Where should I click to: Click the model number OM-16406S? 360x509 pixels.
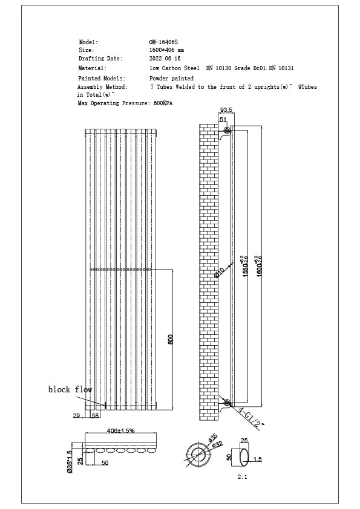tap(163, 42)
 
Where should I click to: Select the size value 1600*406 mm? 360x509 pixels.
tap(166, 50)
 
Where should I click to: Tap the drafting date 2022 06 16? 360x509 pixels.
tap(165, 59)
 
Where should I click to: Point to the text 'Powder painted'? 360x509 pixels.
tap(172, 79)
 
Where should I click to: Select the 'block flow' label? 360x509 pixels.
tap(70, 390)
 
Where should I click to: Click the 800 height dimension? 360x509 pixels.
tap(171, 340)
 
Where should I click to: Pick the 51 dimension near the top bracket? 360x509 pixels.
tap(223, 120)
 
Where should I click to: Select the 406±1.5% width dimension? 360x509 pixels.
tap(120, 430)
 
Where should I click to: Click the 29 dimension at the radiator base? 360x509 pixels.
tap(77, 416)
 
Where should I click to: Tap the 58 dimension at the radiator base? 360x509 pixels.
tap(95, 416)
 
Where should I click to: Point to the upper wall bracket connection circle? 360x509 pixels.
tap(227, 131)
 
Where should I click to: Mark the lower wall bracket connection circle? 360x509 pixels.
tap(227, 402)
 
